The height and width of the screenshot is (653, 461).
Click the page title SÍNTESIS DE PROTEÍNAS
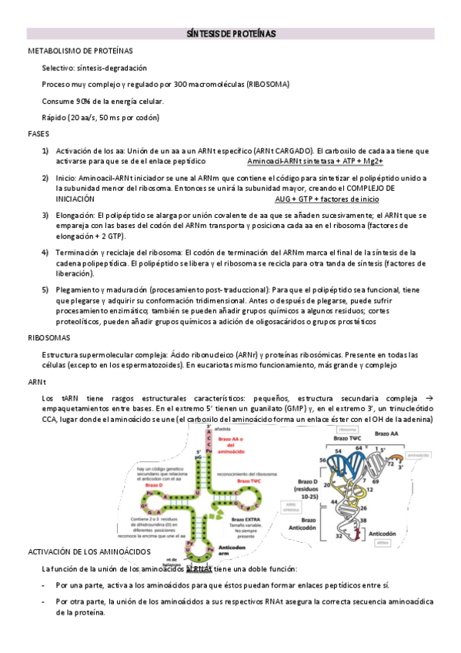[231, 34]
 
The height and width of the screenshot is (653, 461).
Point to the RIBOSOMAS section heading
[49, 337]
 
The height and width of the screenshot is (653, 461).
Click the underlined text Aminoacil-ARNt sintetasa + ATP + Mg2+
[315, 162]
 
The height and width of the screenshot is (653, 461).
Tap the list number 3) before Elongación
[45, 216]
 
